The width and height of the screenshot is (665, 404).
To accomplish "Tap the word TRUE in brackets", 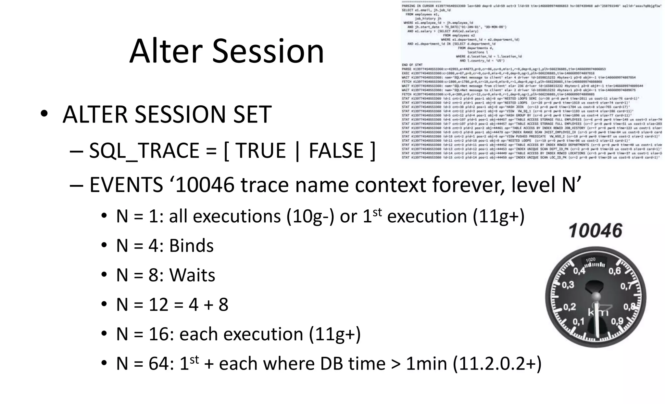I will tap(260, 150).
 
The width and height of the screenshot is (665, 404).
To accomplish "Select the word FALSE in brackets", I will tap(336, 150).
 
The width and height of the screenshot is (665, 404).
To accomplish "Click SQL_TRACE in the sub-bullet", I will tap(144, 151).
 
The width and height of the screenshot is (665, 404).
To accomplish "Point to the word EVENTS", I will tap(126, 185).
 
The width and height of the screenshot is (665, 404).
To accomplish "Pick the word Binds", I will tap(191, 246).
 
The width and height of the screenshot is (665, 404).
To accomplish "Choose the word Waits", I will tap(192, 275).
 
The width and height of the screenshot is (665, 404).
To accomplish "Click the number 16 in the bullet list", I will tap(160, 334).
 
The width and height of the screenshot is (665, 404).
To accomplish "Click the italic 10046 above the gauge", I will tap(595, 231).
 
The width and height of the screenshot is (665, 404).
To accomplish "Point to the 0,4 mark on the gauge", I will tap(579, 270).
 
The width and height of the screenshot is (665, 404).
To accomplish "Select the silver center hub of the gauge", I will tap(596, 296).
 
